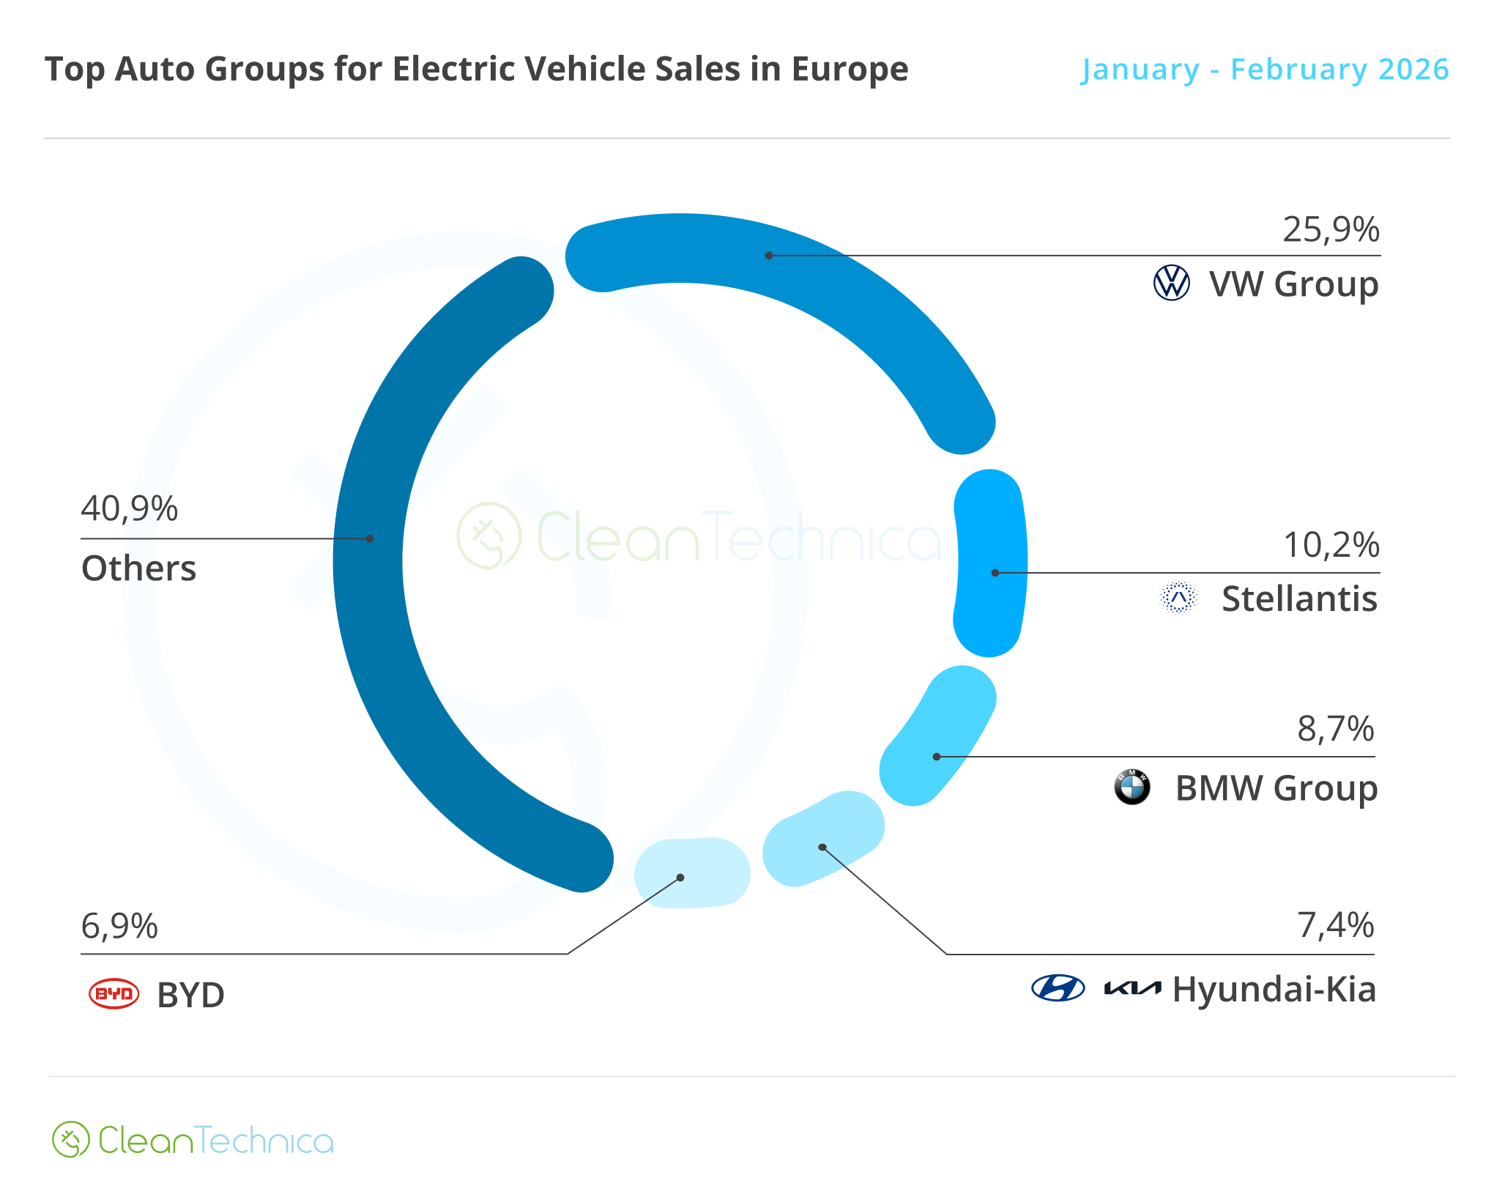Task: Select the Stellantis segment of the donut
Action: [990, 563]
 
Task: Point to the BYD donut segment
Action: [692, 872]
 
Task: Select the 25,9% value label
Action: [1330, 230]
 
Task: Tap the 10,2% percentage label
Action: [1331, 545]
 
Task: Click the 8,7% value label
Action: [1335, 729]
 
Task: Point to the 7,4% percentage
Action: [1335, 925]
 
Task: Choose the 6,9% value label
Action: [119, 926]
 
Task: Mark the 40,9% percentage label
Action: [129, 508]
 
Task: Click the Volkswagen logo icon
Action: [1171, 283]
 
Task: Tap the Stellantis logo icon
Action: [1178, 598]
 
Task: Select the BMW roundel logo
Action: [1131, 787]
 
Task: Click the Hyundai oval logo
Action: [1058, 988]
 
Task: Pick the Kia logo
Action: [1132, 989]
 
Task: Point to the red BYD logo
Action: [114, 994]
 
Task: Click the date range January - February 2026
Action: [1265, 70]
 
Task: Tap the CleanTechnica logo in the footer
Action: [193, 1140]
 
